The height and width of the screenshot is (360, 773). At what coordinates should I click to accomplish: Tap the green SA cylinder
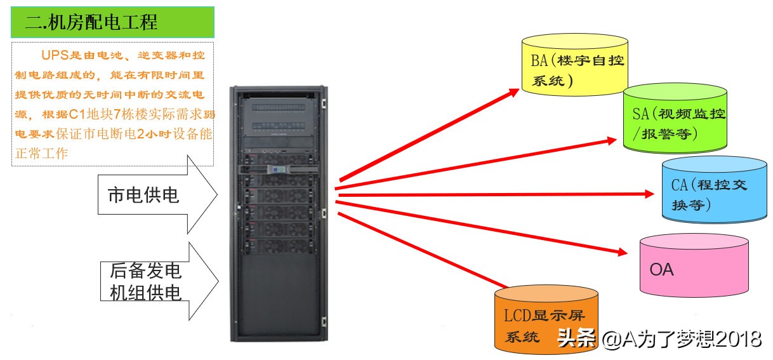(675, 121)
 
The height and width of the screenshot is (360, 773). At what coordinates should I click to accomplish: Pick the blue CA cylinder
(713, 190)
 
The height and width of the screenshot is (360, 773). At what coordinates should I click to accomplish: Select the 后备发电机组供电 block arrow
(159, 281)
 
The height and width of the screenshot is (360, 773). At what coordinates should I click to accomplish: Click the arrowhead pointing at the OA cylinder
(621, 252)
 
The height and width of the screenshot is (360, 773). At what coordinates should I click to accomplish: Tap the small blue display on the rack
(277, 170)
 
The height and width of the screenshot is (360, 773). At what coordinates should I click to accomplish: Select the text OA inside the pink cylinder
(661, 270)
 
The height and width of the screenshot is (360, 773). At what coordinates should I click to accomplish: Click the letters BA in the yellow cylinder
(539, 61)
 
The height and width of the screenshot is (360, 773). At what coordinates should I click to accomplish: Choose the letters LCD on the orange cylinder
(518, 316)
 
